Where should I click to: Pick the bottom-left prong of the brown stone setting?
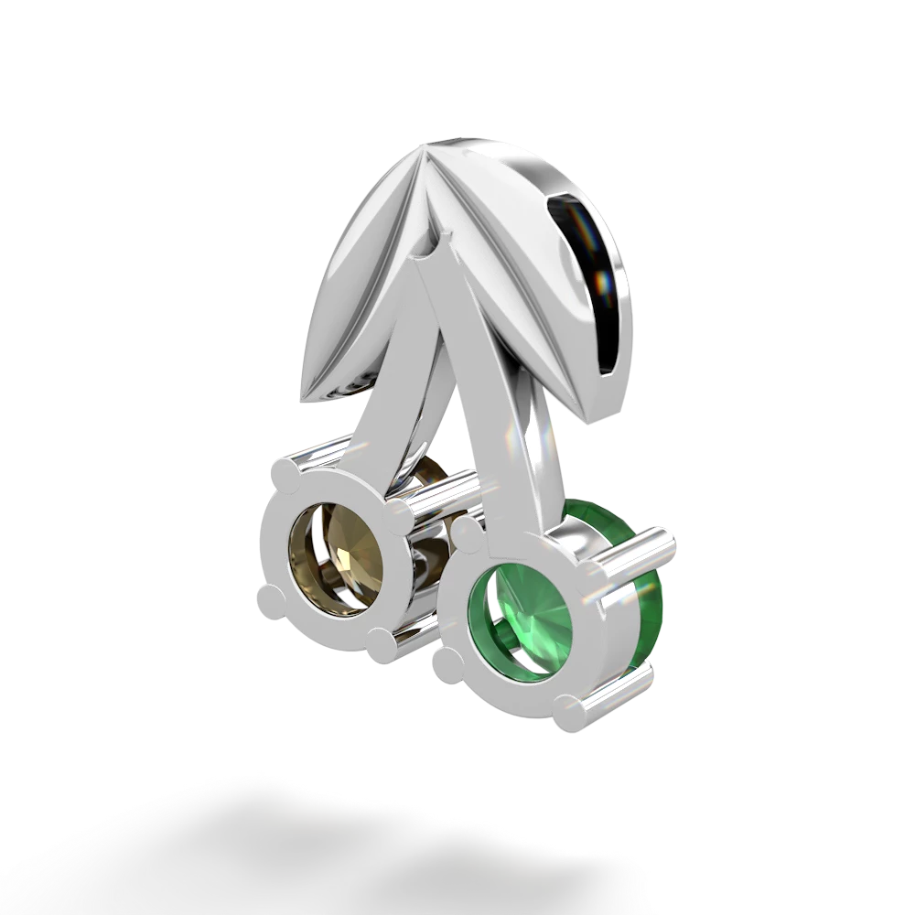point(267,602)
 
